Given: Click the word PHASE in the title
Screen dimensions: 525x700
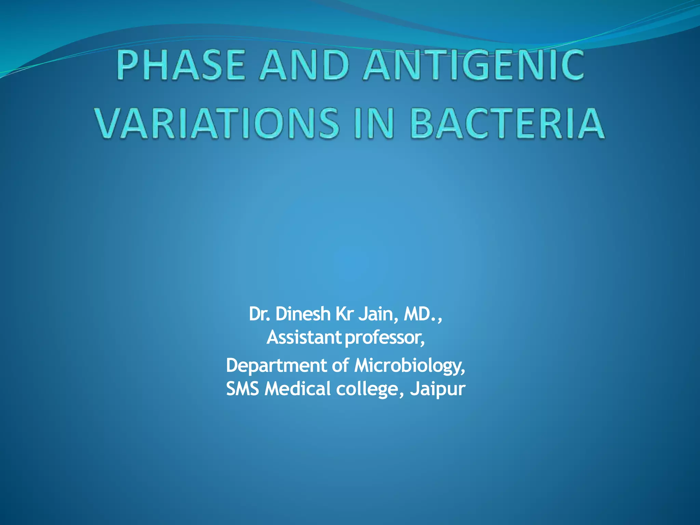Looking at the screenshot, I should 181,65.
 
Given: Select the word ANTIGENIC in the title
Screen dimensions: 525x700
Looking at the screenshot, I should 474,65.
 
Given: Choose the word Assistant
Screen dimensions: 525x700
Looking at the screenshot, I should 304,338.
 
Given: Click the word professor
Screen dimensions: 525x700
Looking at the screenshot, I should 385,338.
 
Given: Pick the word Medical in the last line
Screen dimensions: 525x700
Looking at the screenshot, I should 298,389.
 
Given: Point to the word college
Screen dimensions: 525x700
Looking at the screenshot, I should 368,389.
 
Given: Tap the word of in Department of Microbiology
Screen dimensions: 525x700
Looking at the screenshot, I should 341,365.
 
